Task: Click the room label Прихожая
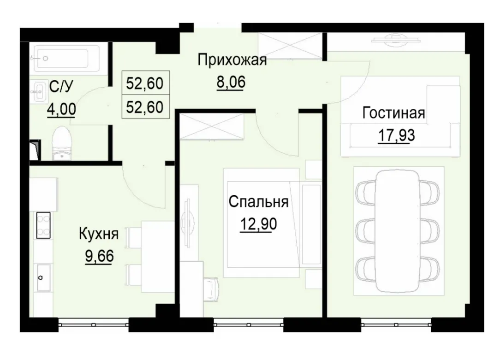(232, 60)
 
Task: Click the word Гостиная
(393, 113)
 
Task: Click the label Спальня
(258, 202)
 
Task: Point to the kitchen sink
(43, 277)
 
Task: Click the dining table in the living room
(399, 230)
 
